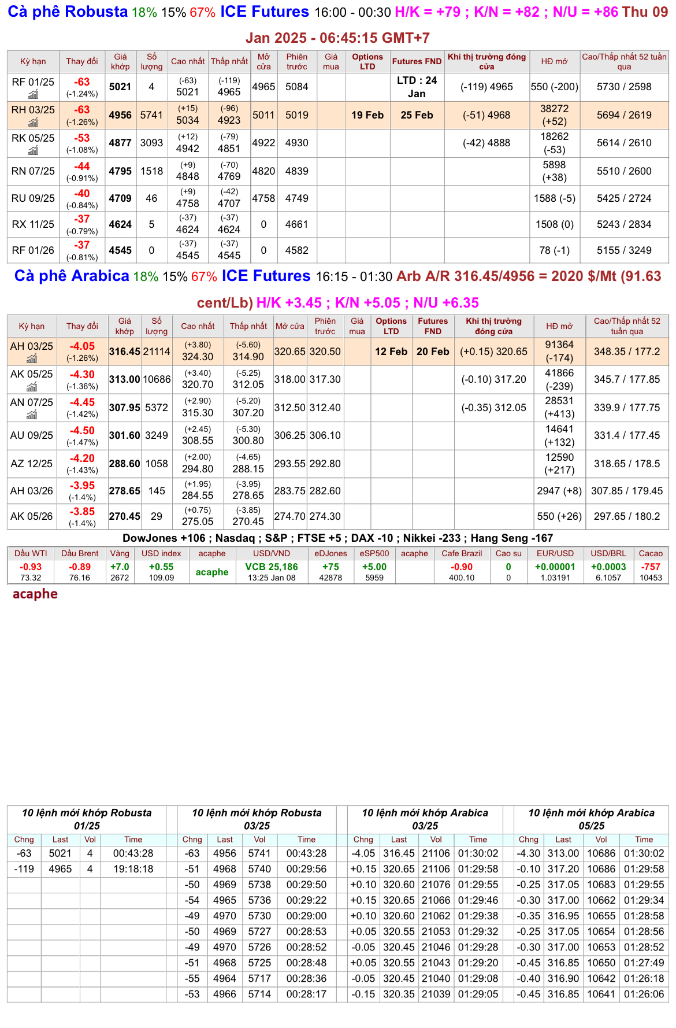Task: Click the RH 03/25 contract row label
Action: (33, 110)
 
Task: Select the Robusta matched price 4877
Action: (120, 143)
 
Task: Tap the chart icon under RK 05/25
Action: (34, 150)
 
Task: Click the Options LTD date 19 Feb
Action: (367, 115)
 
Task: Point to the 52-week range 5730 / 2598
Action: (624, 87)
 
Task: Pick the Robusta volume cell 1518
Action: (151, 171)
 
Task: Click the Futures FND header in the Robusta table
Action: (417, 61)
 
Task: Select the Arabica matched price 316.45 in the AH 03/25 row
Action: (125, 352)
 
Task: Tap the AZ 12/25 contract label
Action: (31, 464)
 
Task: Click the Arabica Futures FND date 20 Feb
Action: (433, 352)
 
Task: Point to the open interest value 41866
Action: (559, 374)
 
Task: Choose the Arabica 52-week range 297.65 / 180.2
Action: (627, 516)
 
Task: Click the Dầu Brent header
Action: (80, 553)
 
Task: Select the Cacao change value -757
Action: (651, 567)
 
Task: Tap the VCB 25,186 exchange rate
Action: (272, 567)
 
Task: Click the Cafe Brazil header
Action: (462, 553)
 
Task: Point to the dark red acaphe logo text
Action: (35, 594)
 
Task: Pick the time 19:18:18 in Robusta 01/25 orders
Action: (133, 869)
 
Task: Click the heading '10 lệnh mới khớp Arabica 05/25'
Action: (592, 819)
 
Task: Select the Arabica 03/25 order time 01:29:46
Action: (478, 900)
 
